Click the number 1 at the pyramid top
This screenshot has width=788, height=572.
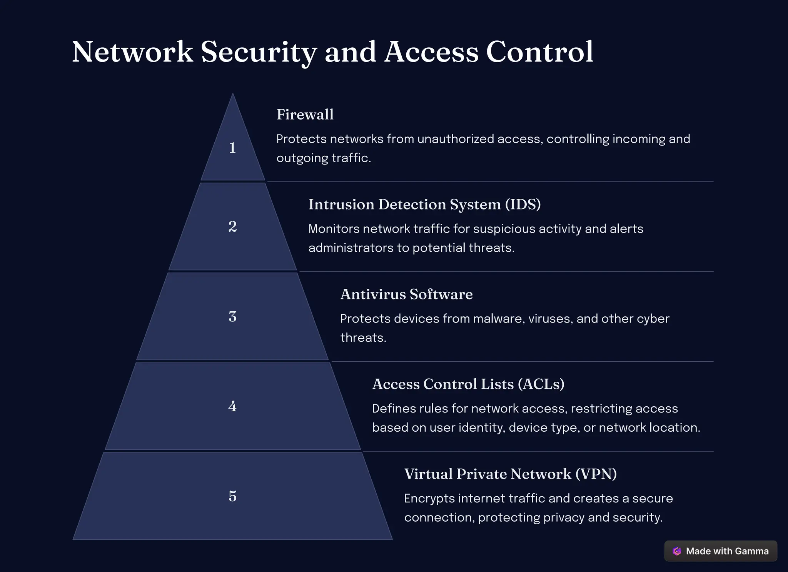(x=232, y=148)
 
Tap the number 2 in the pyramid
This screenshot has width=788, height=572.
(x=232, y=226)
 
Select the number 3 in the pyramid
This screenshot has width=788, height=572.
(x=232, y=317)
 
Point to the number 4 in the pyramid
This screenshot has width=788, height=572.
(x=232, y=406)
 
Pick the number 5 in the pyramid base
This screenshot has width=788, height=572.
(x=232, y=496)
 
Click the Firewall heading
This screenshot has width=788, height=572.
(x=305, y=115)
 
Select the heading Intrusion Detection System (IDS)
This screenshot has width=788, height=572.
(x=424, y=204)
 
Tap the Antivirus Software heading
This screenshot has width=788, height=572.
(x=406, y=294)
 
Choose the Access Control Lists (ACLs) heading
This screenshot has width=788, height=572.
(x=468, y=384)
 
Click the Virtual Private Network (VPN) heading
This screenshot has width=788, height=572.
(x=510, y=474)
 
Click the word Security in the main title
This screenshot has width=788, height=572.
(x=259, y=52)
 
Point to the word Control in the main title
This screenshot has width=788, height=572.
(x=539, y=52)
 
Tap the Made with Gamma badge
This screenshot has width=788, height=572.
(x=721, y=551)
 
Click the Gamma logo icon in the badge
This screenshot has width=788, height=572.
(x=677, y=551)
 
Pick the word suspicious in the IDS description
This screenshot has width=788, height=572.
(x=504, y=229)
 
